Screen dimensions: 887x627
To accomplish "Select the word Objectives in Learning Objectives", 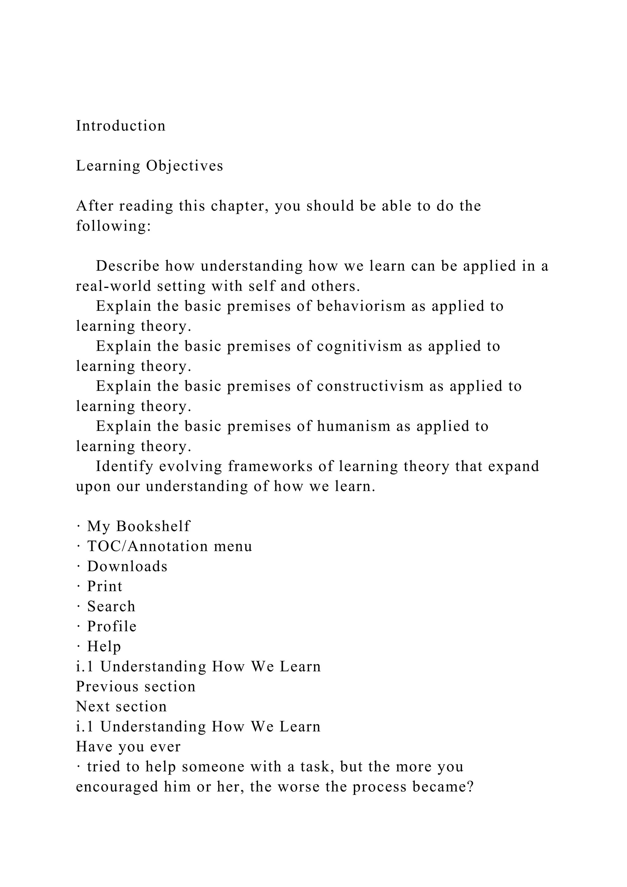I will point(185,166).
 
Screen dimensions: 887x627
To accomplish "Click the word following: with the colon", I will point(113,226).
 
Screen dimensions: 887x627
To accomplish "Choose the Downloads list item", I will point(127,566).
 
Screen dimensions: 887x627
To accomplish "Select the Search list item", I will point(111,606).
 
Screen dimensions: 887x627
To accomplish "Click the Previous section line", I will point(136,686).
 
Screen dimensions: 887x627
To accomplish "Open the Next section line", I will point(121,707).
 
